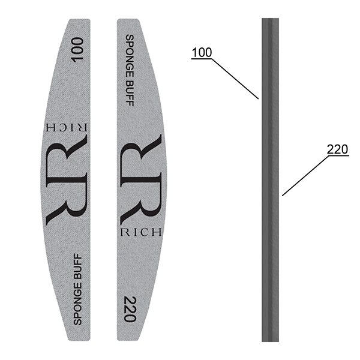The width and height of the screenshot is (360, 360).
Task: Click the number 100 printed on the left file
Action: click(x=77, y=50)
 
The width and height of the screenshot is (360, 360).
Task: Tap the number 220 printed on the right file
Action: click(x=130, y=309)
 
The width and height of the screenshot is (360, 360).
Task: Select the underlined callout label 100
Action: click(x=202, y=53)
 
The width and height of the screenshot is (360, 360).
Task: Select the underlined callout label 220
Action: click(x=337, y=149)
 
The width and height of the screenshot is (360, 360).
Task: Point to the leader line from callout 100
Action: click(x=235, y=79)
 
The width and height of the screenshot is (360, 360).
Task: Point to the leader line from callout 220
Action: click(x=305, y=176)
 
